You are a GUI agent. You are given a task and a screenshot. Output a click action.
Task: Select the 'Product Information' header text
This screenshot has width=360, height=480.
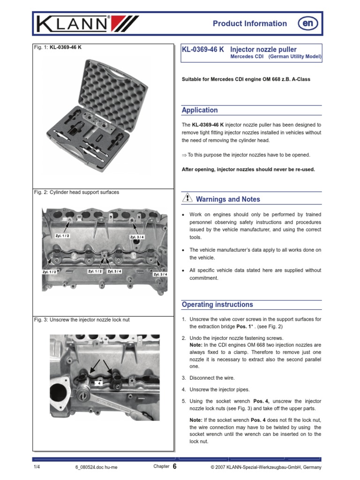point(249,23)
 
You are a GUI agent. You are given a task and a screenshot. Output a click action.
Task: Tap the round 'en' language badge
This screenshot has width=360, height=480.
point(306,23)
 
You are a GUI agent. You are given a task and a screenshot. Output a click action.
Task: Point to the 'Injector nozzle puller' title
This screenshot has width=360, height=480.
point(264,49)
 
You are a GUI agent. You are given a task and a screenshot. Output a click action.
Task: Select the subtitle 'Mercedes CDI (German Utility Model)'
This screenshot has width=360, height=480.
point(276,57)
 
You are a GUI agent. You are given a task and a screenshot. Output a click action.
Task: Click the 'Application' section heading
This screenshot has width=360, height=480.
point(200,110)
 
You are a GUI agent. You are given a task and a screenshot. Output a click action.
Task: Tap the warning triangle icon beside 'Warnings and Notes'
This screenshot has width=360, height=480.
point(187,199)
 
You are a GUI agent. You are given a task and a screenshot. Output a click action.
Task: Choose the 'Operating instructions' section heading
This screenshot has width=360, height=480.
point(217,305)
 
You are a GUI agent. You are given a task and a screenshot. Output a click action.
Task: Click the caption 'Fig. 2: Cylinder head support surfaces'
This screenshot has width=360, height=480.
point(76,192)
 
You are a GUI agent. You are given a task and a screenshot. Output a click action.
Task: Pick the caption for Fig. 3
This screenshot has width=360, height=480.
point(82,320)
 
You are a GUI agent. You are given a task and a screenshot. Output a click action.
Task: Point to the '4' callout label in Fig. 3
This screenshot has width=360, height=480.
point(99,383)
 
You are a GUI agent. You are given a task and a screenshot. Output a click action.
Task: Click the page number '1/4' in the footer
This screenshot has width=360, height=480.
point(37,467)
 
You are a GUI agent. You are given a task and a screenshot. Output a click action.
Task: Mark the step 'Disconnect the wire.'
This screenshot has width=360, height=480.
point(212,378)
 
